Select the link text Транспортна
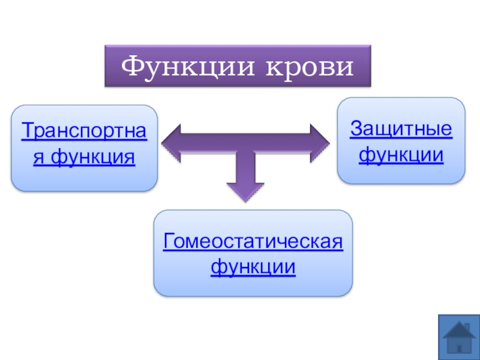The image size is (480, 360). pos(84,131)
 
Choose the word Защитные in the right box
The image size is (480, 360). pos(401,128)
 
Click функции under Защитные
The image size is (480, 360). pos(401,155)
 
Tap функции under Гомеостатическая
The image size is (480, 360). pos(253,267)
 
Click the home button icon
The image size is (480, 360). pos(459,337)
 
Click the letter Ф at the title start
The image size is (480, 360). pos(133,66)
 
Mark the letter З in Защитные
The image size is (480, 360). pos(355,128)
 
